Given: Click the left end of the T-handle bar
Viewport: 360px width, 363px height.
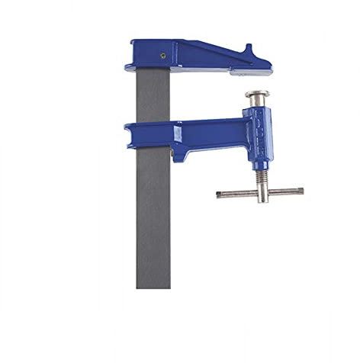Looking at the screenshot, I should click(220, 194).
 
